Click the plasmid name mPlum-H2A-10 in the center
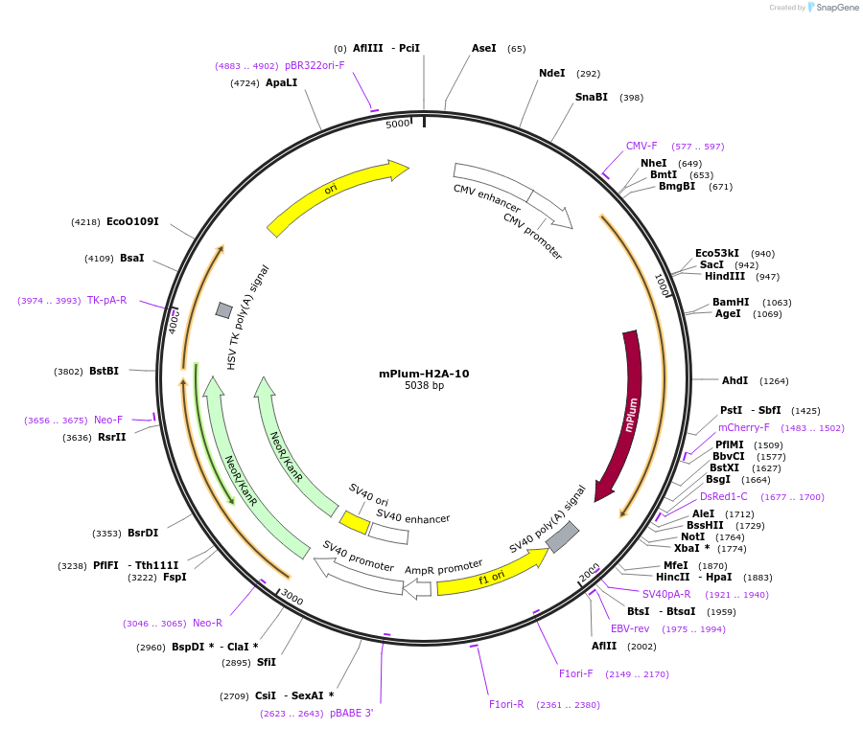pos(424,374)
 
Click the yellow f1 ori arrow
pos(489,576)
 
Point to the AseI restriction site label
pos(484,48)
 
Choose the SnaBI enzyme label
pos(592,97)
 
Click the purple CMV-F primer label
pos(641,146)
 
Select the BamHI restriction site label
pos(731,302)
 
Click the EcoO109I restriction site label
pos(132,221)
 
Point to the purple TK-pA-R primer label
pos(106,300)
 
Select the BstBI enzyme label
pos(104,371)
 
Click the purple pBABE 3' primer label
pos(351,713)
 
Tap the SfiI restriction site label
pos(267,662)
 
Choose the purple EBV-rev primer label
pos(630,628)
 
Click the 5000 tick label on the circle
pos(398,124)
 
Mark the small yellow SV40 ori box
pos(354,523)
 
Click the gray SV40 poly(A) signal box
pos(562,536)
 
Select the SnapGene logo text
pos(837,8)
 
